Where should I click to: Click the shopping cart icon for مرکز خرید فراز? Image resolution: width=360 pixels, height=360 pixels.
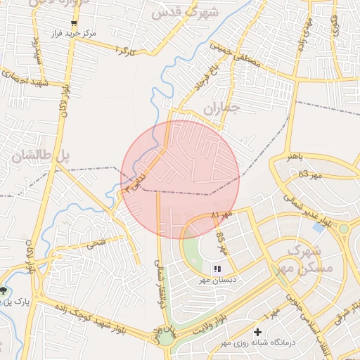73,22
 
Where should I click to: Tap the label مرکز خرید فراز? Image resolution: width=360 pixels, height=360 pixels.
73,33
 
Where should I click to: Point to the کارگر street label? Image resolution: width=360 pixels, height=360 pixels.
124,51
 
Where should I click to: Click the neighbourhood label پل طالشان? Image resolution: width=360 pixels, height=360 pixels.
42,156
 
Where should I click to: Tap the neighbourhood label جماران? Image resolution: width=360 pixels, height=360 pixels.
221,108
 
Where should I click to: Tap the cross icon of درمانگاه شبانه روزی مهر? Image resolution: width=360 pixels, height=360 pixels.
258,332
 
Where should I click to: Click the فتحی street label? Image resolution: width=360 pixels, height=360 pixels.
94,245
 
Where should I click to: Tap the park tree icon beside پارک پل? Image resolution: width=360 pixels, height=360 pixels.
5,290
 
